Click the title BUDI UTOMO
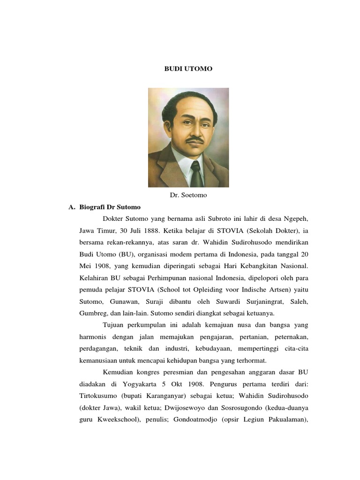pos(188,69)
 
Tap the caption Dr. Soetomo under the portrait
pos(188,195)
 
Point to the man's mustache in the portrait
pos(195,140)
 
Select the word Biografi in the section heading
pos(93,207)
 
